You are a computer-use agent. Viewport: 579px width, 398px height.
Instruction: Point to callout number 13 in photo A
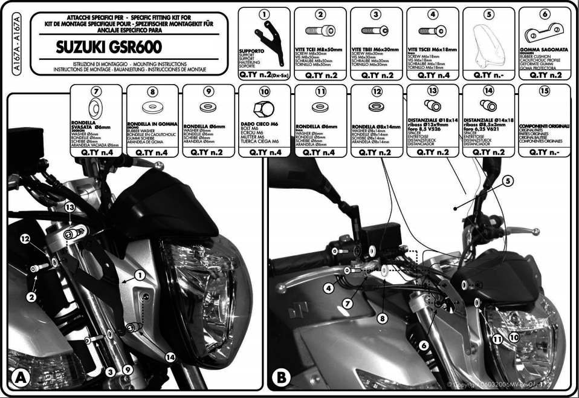click(70, 207)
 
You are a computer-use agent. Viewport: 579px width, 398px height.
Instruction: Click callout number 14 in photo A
click(170, 357)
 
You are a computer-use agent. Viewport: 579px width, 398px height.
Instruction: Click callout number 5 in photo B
click(506, 180)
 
